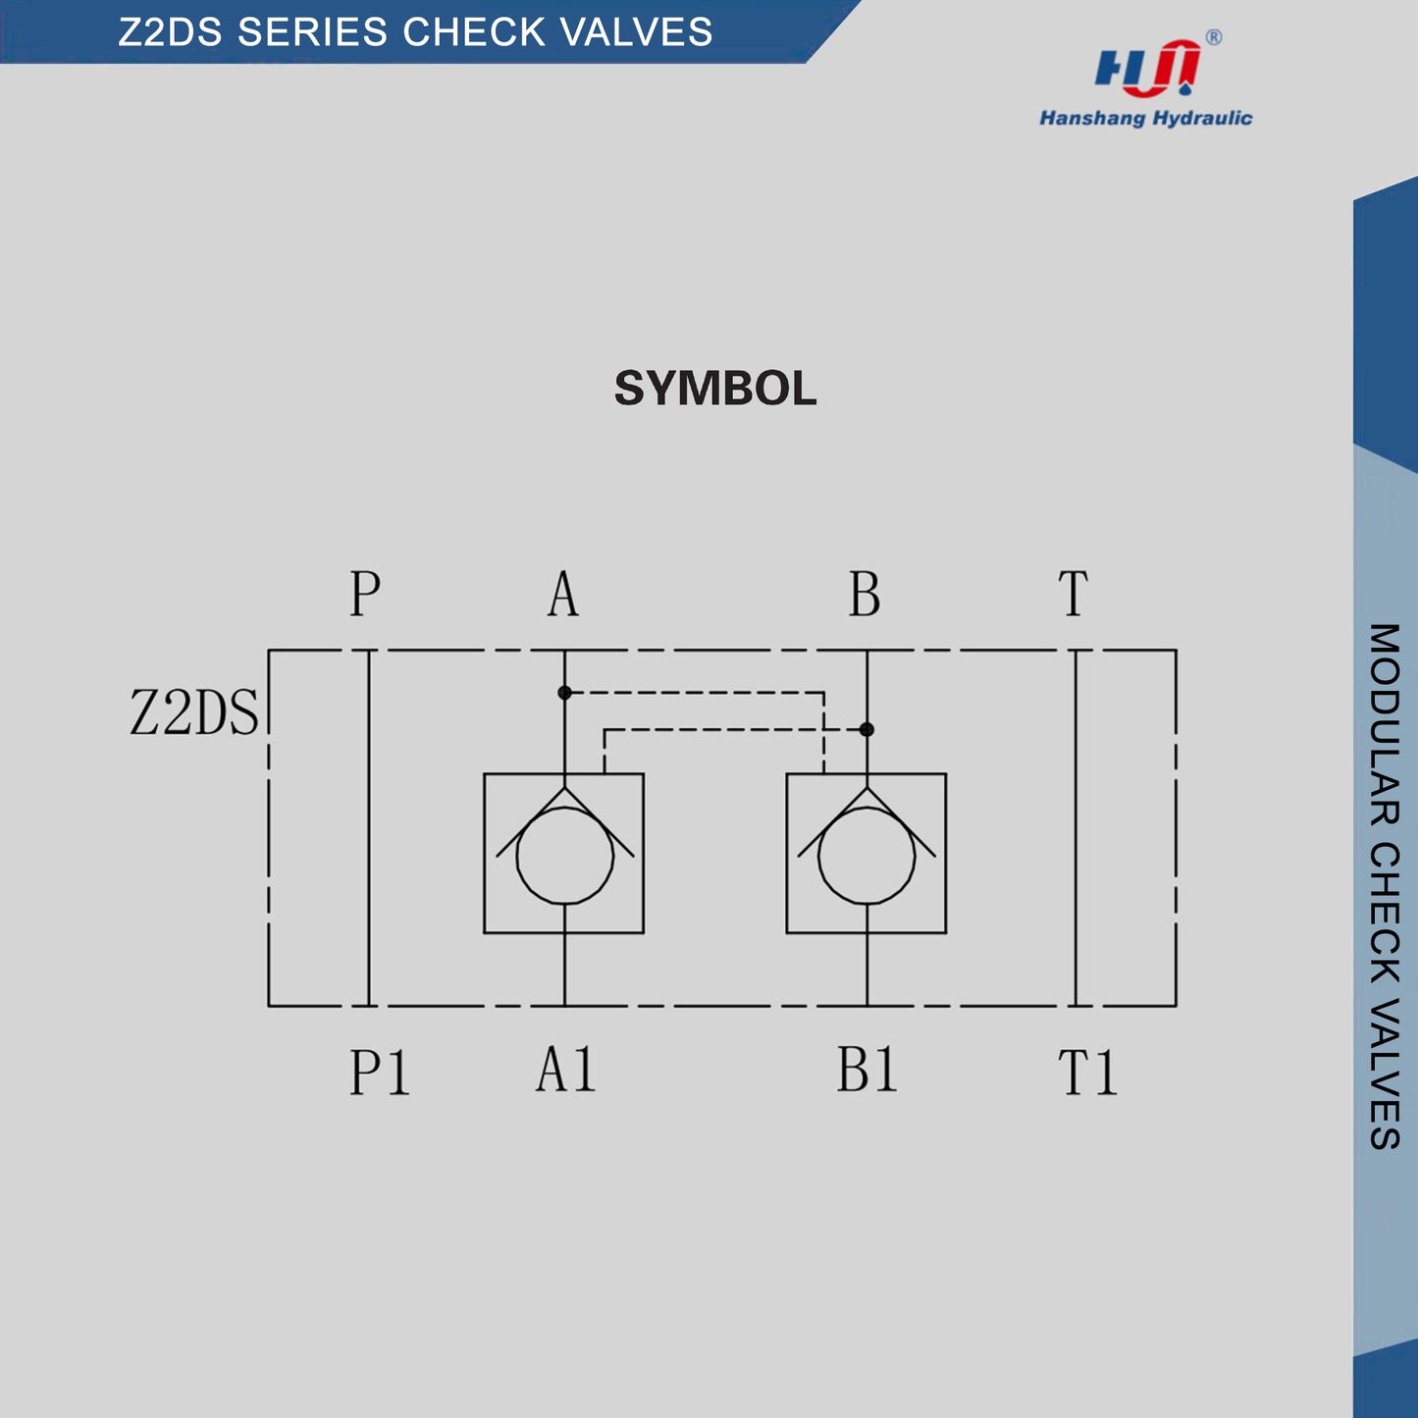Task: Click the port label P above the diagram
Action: point(365,594)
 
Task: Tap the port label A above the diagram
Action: point(563,594)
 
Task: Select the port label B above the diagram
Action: point(865,594)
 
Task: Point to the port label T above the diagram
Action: point(1074,594)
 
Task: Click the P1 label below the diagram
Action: point(379,1072)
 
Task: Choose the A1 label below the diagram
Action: point(566,1069)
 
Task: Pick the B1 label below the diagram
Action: point(867,1069)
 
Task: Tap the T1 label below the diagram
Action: point(1088,1072)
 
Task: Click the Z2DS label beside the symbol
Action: point(194,712)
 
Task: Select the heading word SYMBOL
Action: point(715,389)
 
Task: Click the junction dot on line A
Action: point(564,693)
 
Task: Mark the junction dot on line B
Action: point(867,729)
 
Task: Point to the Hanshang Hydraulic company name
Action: point(1145,119)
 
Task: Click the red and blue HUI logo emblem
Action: point(1146,69)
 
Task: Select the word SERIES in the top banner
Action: point(312,32)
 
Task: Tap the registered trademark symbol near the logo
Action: point(1214,37)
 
